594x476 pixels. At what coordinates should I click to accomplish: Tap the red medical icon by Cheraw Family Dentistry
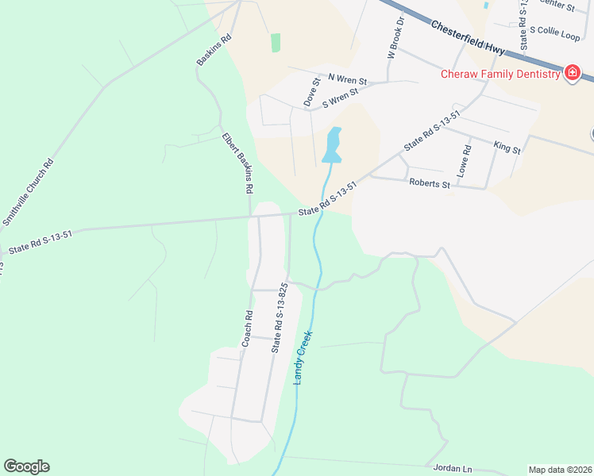coord(571,74)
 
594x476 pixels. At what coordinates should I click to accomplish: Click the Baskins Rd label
coord(214,49)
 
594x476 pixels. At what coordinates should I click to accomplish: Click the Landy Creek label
coord(303,358)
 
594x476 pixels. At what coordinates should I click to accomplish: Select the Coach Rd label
coord(247,328)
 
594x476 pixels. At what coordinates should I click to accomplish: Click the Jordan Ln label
coord(453,468)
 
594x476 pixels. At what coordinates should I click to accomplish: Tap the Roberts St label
coord(430,183)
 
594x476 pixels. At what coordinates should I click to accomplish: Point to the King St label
coord(507,148)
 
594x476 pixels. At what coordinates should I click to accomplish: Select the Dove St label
coord(311,92)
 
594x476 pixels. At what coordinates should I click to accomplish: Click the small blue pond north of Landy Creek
coord(333,146)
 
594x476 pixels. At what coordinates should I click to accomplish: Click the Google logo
coord(26,466)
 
